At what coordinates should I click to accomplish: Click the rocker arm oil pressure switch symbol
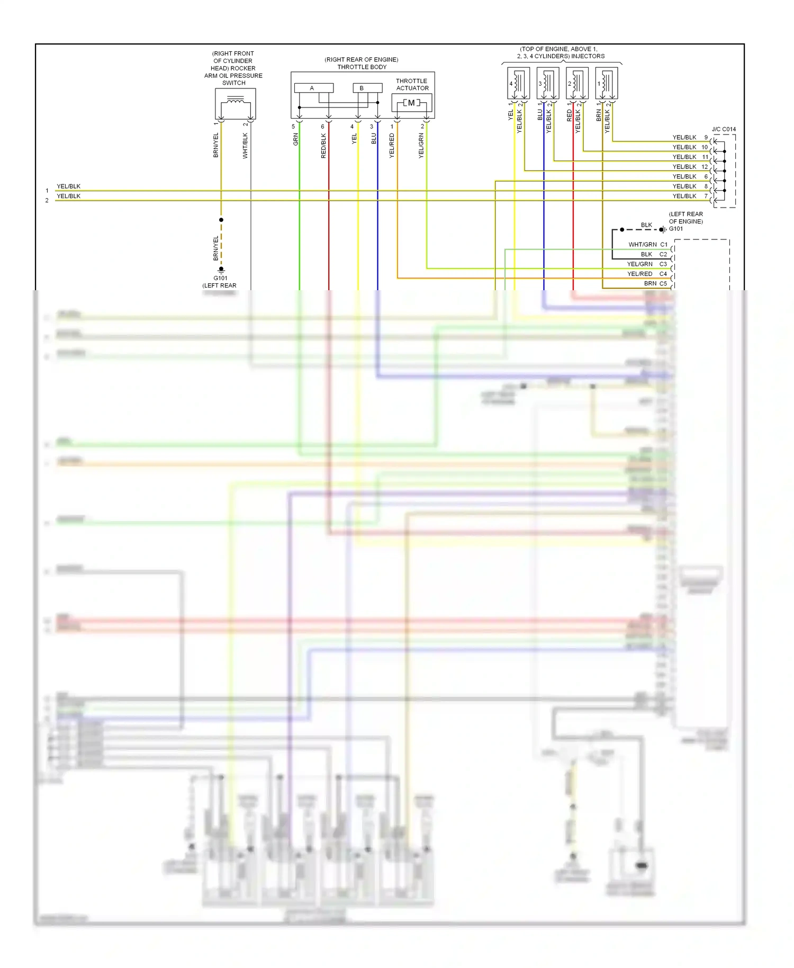235,104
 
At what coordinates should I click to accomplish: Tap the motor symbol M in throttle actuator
411,103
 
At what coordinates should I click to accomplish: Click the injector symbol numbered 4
518,83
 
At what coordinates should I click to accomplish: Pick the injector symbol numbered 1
606,83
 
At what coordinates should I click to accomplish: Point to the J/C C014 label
724,129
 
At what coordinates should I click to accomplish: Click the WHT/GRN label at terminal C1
643,245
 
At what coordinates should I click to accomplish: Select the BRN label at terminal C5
650,284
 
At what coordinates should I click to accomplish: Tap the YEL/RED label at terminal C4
639,274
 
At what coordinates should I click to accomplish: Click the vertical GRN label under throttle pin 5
296,140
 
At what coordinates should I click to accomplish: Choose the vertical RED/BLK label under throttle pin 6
324,146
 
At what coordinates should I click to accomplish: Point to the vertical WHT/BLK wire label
245,146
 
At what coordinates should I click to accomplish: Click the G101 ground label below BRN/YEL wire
221,278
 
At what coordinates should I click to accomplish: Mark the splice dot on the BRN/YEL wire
221,220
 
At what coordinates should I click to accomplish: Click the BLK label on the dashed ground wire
646,225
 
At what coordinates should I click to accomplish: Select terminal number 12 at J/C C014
705,167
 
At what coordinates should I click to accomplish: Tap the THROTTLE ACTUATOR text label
412,85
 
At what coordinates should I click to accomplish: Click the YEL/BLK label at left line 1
69,186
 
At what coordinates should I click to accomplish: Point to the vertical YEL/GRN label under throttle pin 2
421,146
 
